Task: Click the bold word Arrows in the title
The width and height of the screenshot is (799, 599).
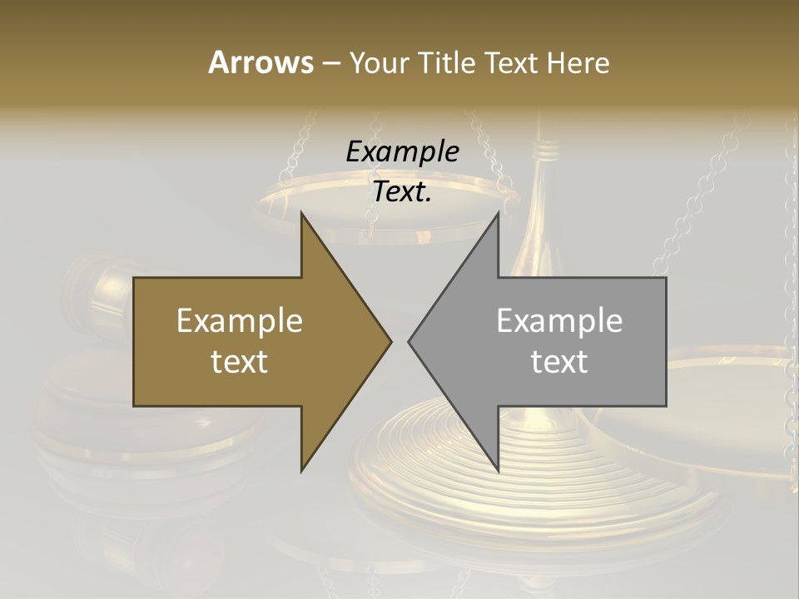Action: (x=261, y=62)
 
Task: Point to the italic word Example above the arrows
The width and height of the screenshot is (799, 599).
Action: (x=402, y=152)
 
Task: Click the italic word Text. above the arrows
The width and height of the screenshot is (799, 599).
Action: (x=402, y=192)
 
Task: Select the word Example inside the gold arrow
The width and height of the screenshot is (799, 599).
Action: (x=240, y=320)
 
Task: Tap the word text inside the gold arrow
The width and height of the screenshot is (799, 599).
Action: (x=240, y=362)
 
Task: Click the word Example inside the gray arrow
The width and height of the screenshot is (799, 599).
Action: (x=559, y=320)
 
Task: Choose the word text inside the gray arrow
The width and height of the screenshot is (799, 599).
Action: (x=559, y=362)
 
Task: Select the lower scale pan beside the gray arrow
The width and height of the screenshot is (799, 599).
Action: (x=724, y=391)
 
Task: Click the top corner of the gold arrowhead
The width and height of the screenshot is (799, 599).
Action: (x=302, y=215)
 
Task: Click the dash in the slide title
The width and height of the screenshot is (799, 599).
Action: (x=330, y=64)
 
